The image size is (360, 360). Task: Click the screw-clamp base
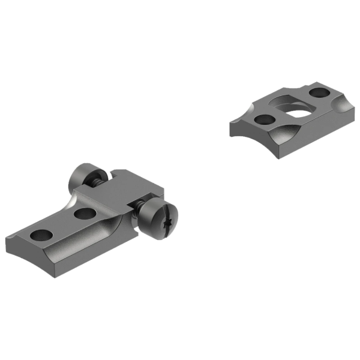coord(90,222)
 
